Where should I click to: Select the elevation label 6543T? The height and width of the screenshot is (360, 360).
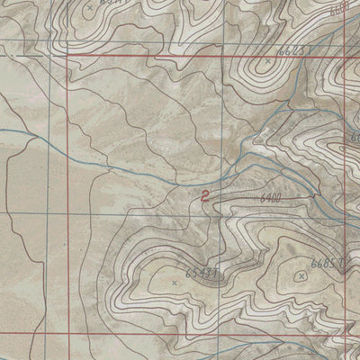(201, 268)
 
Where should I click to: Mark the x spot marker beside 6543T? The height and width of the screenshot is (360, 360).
(174, 282)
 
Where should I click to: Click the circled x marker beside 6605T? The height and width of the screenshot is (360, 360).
(301, 276)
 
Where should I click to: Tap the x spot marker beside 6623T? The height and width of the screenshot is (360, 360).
(266, 61)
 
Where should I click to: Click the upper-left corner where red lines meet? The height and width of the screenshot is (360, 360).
(67, 56)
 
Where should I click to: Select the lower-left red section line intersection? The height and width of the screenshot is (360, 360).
(67, 332)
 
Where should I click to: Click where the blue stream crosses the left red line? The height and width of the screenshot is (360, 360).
(67, 148)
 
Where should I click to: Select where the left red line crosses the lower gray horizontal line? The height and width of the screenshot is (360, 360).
(67, 212)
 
